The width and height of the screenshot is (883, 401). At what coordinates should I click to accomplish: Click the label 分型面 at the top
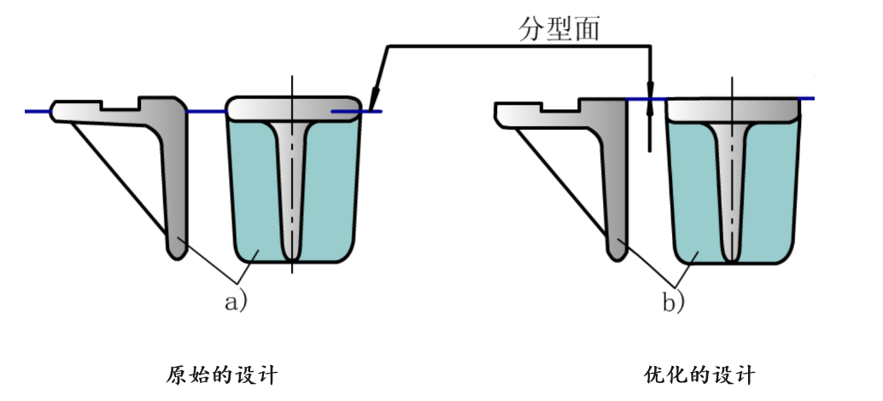pos(559,28)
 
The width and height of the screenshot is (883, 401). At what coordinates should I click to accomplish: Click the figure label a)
pos(236,302)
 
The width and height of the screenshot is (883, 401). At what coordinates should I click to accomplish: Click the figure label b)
pos(673,303)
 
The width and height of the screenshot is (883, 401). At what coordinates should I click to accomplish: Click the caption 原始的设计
pos(222,375)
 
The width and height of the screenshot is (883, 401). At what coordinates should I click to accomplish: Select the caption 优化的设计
pos(699,375)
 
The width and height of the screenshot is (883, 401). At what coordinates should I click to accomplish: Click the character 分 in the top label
pos(532,28)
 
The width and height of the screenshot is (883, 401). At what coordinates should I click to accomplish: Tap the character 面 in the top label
pos(588,29)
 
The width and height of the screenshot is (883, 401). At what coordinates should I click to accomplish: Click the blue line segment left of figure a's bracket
pos(38,112)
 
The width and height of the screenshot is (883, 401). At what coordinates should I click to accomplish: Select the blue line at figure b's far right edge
pos(807,98)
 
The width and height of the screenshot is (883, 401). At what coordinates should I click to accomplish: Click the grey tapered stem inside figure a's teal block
pos(291,186)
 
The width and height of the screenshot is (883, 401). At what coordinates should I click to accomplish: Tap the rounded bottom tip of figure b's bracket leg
pos(617,257)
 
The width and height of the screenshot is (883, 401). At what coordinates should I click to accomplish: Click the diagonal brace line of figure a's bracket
pos(119,179)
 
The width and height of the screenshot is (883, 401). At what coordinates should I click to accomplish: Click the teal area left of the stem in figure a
pos(254,191)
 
